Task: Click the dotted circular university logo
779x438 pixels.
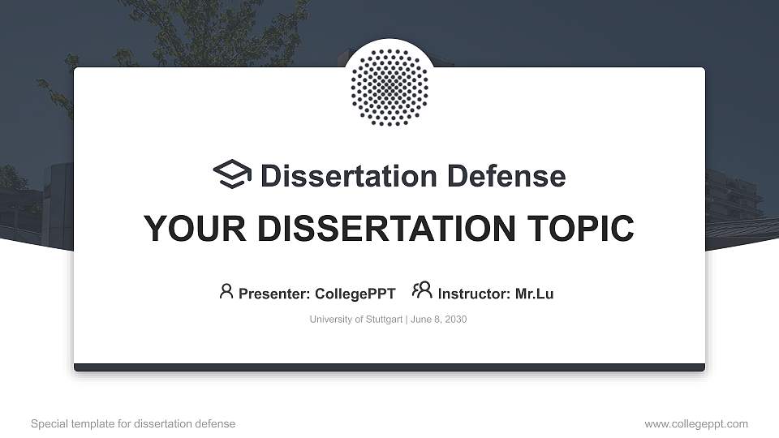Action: pos(389,87)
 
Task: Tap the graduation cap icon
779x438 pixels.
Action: pos(232,174)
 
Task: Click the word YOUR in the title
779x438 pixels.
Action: pos(186,229)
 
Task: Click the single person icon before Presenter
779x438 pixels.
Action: pos(226,291)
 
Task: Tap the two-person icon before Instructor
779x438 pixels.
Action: pos(422,290)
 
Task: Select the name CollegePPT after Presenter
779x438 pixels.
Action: pos(355,294)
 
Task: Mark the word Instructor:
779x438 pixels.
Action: pos(475,294)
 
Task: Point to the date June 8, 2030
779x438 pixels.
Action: pos(439,320)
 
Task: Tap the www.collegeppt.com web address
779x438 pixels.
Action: pos(696,423)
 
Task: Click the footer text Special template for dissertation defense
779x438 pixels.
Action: pos(133,423)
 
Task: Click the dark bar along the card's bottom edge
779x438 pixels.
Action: pos(389,367)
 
